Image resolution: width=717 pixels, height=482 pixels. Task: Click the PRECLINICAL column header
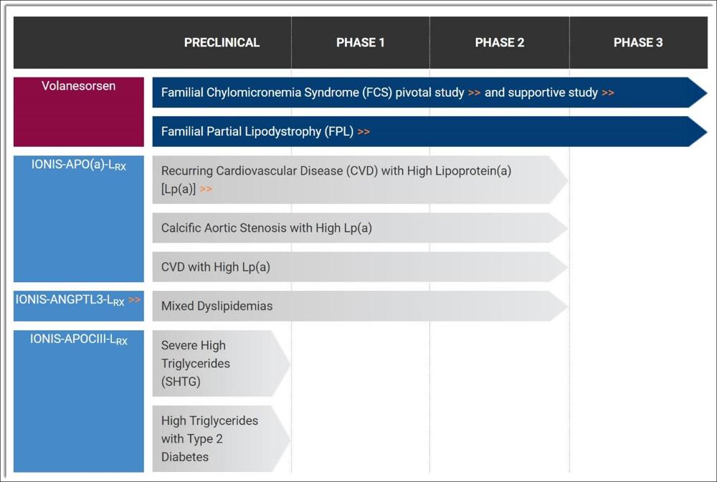pyautogui.click(x=222, y=42)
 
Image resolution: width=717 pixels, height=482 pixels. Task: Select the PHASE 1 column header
pyautogui.click(x=361, y=42)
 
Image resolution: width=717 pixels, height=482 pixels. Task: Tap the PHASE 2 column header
pyautogui.click(x=499, y=42)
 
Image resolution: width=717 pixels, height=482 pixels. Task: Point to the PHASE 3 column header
pyautogui.click(x=638, y=42)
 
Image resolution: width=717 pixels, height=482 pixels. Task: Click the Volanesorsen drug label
pyautogui.click(x=79, y=86)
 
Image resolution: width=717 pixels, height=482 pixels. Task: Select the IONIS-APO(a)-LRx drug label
pyautogui.click(x=79, y=165)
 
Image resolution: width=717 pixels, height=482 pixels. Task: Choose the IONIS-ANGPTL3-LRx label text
pyautogui.click(x=70, y=300)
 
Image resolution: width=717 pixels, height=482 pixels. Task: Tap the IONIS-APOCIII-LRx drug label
pyautogui.click(x=79, y=339)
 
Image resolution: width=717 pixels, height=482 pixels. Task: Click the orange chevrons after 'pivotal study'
pyautogui.click(x=474, y=92)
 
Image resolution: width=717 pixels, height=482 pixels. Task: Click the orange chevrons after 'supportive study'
pyautogui.click(x=608, y=92)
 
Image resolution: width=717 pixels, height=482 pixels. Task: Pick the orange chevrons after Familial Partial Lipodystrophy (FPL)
pyautogui.click(x=364, y=132)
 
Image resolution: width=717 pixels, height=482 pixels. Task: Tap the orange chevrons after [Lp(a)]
pyautogui.click(x=206, y=189)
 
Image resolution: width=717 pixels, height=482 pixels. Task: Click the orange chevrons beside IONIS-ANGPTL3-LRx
pyautogui.click(x=135, y=299)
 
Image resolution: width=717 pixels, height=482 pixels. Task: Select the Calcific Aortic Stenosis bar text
pyautogui.click(x=267, y=228)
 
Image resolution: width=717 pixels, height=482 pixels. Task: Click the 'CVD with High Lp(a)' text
pyautogui.click(x=215, y=267)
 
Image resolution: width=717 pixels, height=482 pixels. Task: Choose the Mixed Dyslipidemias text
pyautogui.click(x=217, y=306)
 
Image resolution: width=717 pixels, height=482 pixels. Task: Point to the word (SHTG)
pyautogui.click(x=181, y=382)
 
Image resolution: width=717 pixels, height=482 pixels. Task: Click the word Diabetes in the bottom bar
pyautogui.click(x=185, y=457)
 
